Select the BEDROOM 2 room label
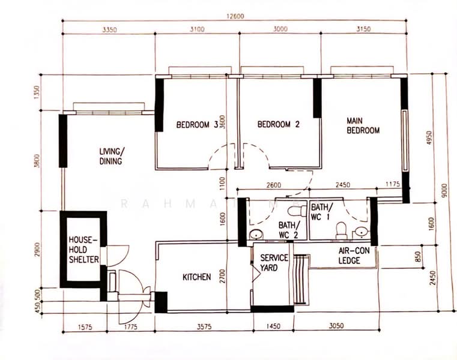[278, 125]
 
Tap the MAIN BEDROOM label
[363, 125]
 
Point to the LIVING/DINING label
[111, 156]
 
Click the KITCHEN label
[197, 277]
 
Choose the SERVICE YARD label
[274, 263]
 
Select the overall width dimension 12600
[235, 16]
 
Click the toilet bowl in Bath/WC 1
[340, 230]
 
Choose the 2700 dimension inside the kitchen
[222, 276]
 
